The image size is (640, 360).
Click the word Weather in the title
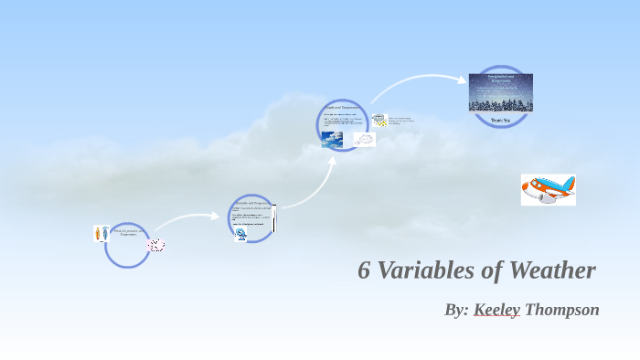pyautogui.click(x=551, y=271)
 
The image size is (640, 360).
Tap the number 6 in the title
pyautogui.click(x=364, y=271)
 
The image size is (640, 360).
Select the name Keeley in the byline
pyautogui.click(x=496, y=310)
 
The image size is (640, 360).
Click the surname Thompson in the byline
pyautogui.click(x=562, y=310)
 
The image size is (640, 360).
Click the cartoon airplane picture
pyautogui.click(x=548, y=190)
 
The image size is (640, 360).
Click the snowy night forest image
pyautogui.click(x=500, y=92)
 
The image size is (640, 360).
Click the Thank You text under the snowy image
pyautogui.click(x=500, y=120)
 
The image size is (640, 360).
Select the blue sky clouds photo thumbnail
pyautogui.click(x=332, y=139)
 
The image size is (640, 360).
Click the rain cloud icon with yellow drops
pyautogui.click(x=379, y=120)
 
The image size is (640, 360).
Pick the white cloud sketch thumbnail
pyautogui.click(x=364, y=140)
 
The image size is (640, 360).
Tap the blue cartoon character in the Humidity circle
pyautogui.click(x=241, y=234)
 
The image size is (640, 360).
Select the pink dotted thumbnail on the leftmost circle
pyautogui.click(x=156, y=245)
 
